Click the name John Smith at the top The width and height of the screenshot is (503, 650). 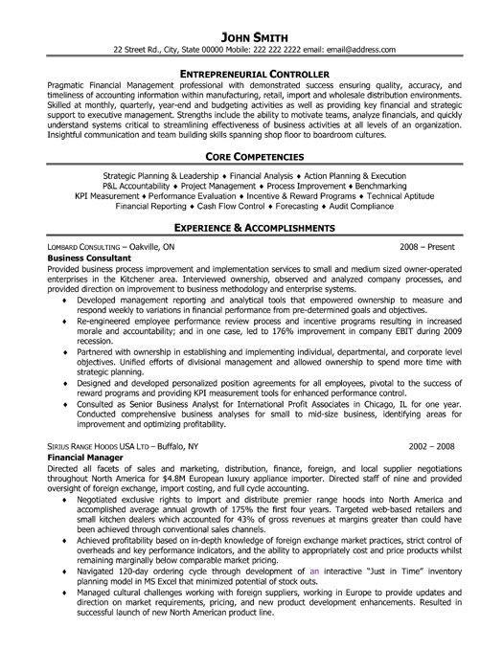[x=251, y=12]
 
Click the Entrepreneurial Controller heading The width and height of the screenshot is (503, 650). [x=251, y=73]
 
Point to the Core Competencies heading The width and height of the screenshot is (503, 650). [x=251, y=155]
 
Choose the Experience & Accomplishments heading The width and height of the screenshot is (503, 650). [x=251, y=230]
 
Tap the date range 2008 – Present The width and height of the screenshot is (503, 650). [x=427, y=246]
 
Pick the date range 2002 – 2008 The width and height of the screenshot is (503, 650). [x=432, y=446]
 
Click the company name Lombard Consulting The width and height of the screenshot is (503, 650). [x=81, y=246]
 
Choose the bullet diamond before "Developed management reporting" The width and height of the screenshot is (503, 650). [x=64, y=300]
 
